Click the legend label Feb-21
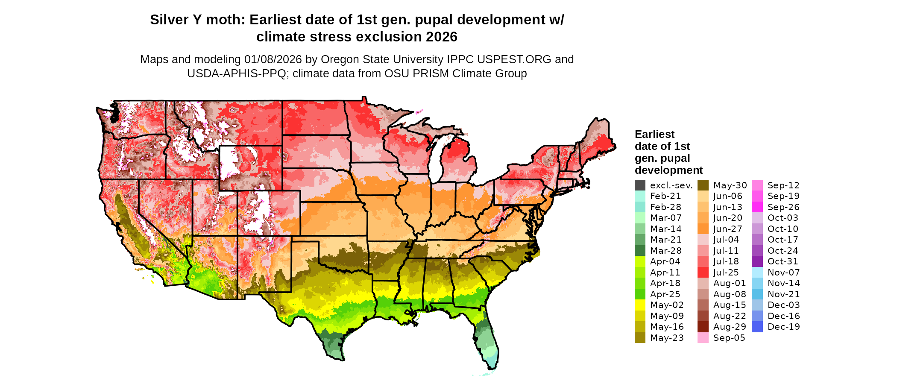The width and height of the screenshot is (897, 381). tap(665, 196)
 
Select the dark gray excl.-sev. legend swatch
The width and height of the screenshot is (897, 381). tap(640, 185)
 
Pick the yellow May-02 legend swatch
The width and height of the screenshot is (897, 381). tap(640, 305)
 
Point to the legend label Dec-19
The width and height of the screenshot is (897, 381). tap(783, 327)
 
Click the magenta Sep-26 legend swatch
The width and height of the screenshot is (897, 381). tap(757, 207)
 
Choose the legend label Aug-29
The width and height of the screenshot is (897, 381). tap(730, 327)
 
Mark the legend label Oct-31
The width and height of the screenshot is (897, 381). tap(783, 261)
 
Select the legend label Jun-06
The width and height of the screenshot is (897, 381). tap(728, 196)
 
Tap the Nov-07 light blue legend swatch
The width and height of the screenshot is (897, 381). tap(757, 273)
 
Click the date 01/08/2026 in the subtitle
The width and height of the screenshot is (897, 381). tap(273, 59)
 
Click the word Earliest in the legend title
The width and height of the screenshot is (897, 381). tap(654, 135)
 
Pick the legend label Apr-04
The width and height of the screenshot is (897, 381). tap(665, 261)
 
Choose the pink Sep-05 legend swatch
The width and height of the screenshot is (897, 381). tap(703, 338)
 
